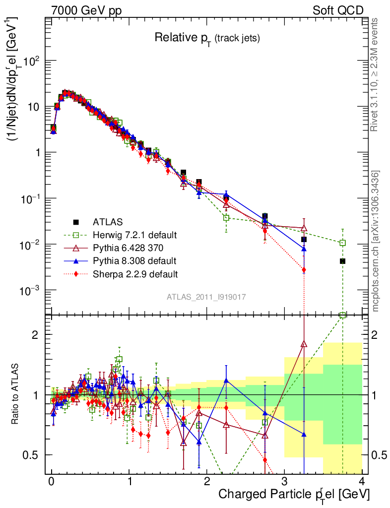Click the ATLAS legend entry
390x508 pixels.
click(x=107, y=222)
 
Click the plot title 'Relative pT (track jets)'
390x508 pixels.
click(x=207, y=38)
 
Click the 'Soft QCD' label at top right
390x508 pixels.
click(x=338, y=10)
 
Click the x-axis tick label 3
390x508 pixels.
click(x=284, y=481)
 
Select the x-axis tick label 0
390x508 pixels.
click(x=51, y=481)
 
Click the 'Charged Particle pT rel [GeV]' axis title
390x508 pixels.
click(x=294, y=495)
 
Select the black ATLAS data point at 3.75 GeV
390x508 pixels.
click(x=342, y=261)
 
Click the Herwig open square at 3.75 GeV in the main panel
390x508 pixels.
click(x=342, y=243)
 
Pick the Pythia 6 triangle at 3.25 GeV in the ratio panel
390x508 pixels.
click(x=304, y=343)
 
